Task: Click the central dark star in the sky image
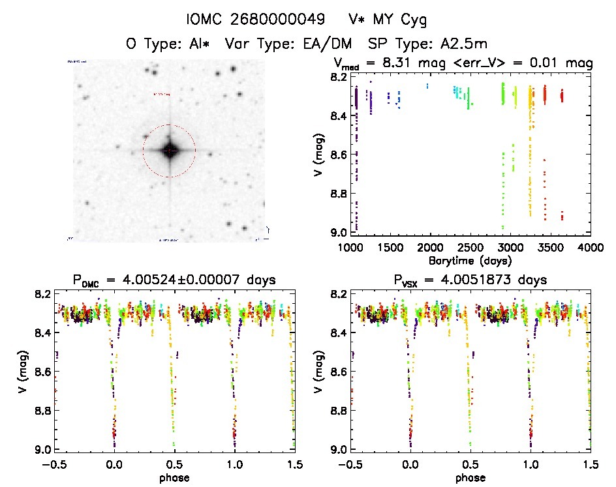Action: point(169,151)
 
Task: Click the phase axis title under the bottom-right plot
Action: point(470,477)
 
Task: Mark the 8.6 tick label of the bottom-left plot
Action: point(43,372)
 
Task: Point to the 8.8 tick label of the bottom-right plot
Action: point(339,411)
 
